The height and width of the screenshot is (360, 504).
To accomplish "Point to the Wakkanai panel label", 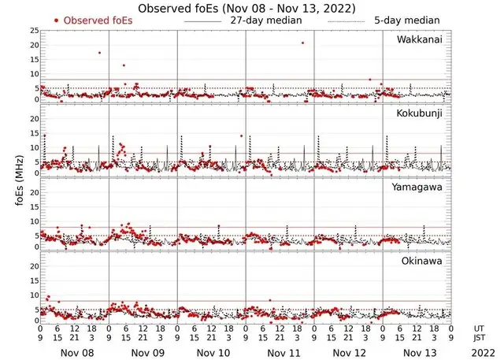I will tap(420, 39).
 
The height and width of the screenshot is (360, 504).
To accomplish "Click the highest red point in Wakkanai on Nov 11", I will tap(302, 43).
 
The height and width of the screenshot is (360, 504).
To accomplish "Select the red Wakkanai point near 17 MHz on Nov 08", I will tap(99, 53).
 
